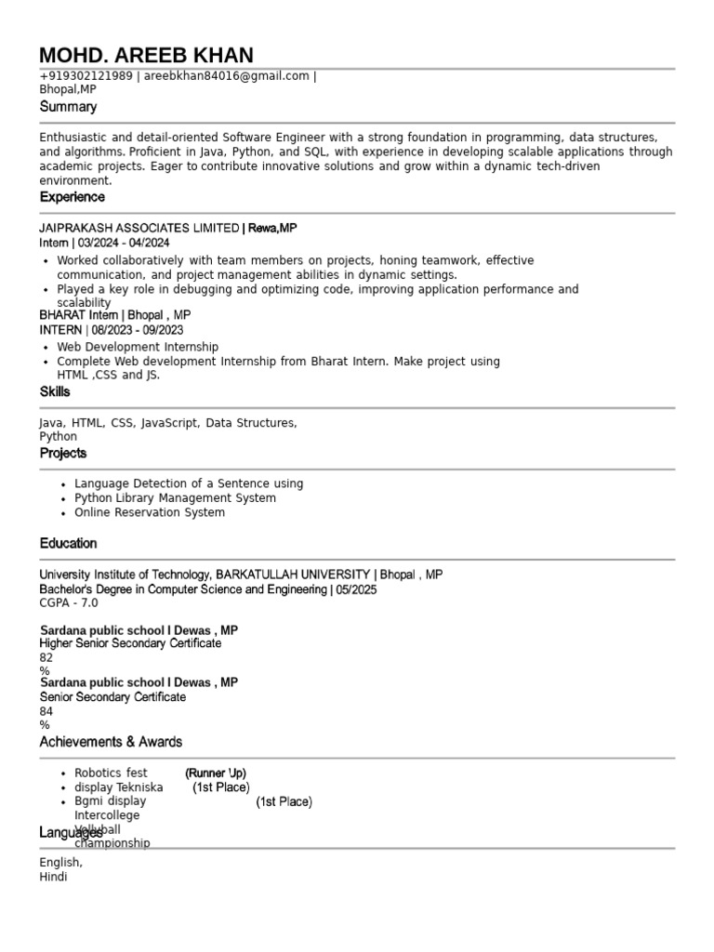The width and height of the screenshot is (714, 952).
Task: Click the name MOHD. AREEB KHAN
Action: (146, 55)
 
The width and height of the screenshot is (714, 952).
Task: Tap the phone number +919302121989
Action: (86, 76)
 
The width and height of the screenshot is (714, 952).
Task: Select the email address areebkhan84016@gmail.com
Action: (226, 76)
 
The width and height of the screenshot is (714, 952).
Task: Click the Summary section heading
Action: (68, 107)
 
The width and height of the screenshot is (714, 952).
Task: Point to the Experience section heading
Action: (73, 197)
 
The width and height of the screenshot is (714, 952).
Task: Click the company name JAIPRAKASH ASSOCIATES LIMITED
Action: (139, 228)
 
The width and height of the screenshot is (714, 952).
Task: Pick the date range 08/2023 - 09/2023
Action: (138, 330)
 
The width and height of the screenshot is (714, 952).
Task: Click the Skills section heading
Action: (55, 391)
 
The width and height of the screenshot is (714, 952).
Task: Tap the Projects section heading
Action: (63, 453)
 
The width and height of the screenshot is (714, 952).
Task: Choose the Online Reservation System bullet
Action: (149, 512)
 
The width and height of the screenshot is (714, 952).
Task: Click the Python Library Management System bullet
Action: (175, 498)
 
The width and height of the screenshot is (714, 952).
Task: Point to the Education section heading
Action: (68, 543)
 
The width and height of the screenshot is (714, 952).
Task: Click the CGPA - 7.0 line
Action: (68, 602)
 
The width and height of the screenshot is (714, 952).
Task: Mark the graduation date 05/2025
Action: (356, 589)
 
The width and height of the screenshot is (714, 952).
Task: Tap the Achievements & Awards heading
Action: (111, 742)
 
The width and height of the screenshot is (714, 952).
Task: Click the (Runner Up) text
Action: (216, 773)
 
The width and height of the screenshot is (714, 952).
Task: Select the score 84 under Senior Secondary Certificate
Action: (46, 711)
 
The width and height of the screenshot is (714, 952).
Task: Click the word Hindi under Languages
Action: (53, 877)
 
